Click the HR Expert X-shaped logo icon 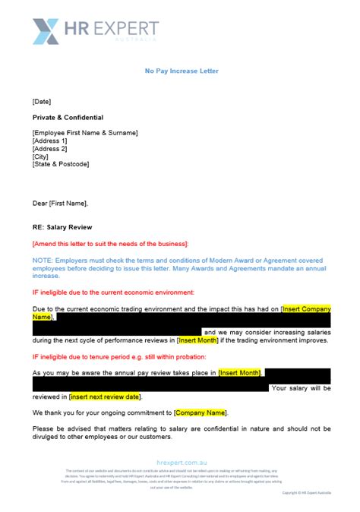tap(46, 31)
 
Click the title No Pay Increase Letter tap(182, 71)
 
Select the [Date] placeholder tap(42, 100)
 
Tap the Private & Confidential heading tap(68, 118)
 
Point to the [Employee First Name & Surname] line tap(85, 134)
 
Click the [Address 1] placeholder tap(50, 141)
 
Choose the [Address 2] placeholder tap(50, 149)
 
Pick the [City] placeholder tap(42, 156)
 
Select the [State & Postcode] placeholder tap(61, 164)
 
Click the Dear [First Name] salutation tap(60, 203)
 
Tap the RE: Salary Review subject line tap(63, 226)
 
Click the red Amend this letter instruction tap(110, 243)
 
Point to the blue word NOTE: tap(43, 260)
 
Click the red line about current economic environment tap(113, 292)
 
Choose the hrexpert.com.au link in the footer tap(181, 461)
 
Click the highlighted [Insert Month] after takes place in tap(240, 372)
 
